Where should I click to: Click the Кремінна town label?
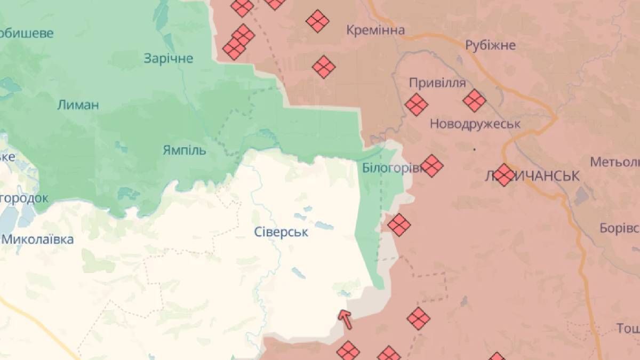click(x=375, y=30)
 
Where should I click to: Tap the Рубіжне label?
click(x=490, y=45)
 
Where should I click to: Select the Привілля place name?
click(x=437, y=83)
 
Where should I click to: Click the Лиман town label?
click(x=78, y=105)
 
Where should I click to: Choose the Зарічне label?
click(x=169, y=58)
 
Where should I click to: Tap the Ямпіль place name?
click(x=184, y=150)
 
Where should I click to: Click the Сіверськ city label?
click(x=281, y=232)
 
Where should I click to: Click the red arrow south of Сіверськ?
click(x=346, y=319)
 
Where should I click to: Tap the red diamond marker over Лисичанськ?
click(x=504, y=174)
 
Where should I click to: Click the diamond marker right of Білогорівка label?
click(x=431, y=166)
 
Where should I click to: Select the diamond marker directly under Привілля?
click(x=417, y=105)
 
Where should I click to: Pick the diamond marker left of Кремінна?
click(x=317, y=21)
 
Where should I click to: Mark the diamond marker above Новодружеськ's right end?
click(x=474, y=101)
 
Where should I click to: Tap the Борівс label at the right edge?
click(x=619, y=228)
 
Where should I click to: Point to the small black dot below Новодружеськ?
click(x=474, y=149)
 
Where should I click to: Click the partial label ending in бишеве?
click(x=27, y=33)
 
